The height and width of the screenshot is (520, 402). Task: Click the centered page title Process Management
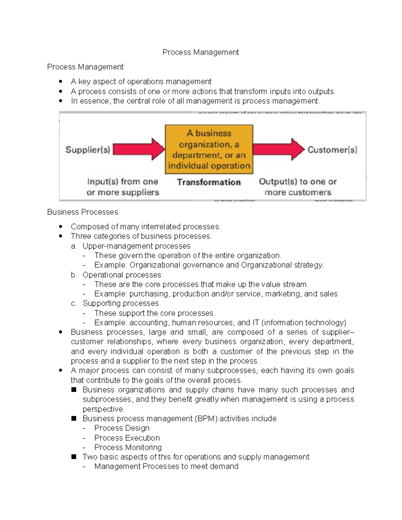200,52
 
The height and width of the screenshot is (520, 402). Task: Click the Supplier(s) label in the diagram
88,149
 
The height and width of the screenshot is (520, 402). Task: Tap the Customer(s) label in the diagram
332,149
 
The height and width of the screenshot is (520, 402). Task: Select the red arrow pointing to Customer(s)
278,149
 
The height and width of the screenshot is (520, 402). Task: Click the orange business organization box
209,149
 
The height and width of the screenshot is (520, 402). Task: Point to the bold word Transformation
209,182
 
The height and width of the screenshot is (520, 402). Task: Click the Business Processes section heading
82,212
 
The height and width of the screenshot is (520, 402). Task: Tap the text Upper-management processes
136,246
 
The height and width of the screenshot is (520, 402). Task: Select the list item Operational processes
122,275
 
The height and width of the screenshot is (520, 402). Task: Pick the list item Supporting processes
121,303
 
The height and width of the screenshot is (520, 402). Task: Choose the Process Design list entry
122,428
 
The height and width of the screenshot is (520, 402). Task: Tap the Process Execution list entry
127,438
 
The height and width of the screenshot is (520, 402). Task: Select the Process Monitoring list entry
128,447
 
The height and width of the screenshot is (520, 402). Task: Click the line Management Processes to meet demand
166,466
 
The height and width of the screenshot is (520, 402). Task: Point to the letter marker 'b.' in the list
74,275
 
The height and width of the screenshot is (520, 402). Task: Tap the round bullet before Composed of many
61,227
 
